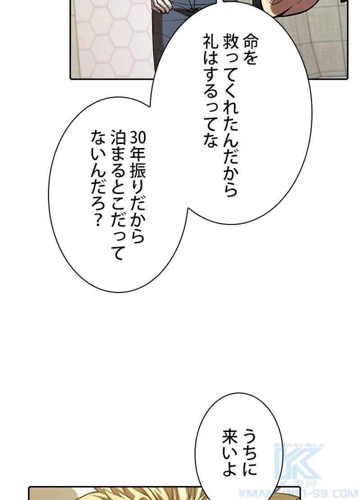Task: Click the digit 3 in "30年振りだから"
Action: click(134, 138)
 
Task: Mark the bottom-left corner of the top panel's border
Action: click(71, 78)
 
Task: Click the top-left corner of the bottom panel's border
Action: click(29, 487)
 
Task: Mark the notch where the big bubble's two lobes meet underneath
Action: click(189, 209)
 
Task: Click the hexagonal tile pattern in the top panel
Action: click(112, 38)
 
